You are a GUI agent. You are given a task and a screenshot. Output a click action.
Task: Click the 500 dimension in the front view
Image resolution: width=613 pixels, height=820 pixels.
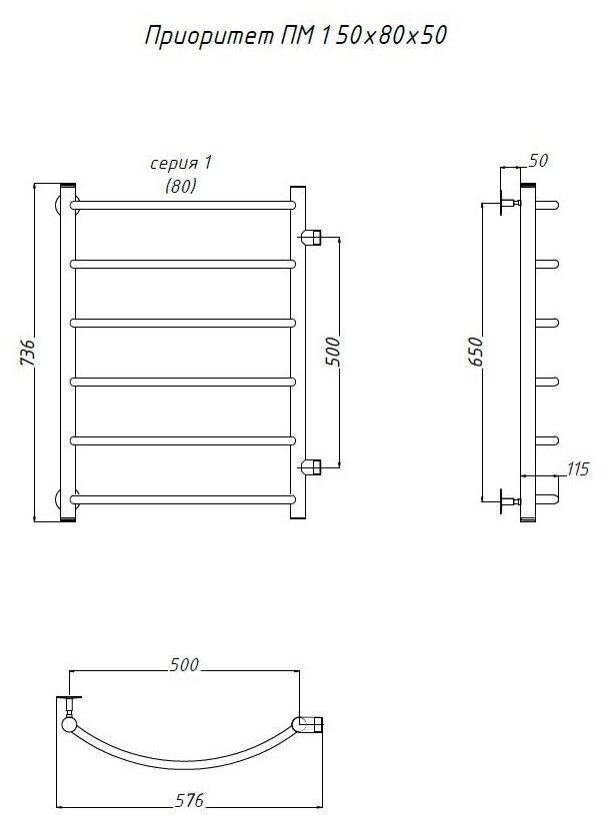pyautogui.click(x=333, y=352)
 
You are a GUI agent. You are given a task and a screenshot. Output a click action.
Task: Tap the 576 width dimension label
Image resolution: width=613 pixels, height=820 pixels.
pyautogui.click(x=190, y=800)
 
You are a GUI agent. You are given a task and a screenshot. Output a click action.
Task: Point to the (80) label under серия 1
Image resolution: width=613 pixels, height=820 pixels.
pyautogui.click(x=180, y=186)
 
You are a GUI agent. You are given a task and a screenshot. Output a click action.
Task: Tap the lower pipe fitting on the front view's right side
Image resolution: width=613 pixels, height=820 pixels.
pyautogui.click(x=310, y=465)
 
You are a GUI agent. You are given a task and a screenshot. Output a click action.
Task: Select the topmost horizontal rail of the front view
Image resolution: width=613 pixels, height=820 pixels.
pyautogui.click(x=184, y=204)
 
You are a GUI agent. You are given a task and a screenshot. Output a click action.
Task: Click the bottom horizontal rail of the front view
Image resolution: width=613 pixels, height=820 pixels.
pyautogui.click(x=184, y=496)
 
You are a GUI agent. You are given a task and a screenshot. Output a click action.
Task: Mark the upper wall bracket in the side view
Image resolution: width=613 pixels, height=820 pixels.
pyautogui.click(x=503, y=204)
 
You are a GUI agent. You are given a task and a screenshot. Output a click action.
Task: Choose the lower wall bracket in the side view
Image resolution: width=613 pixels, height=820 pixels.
pyautogui.click(x=503, y=499)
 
